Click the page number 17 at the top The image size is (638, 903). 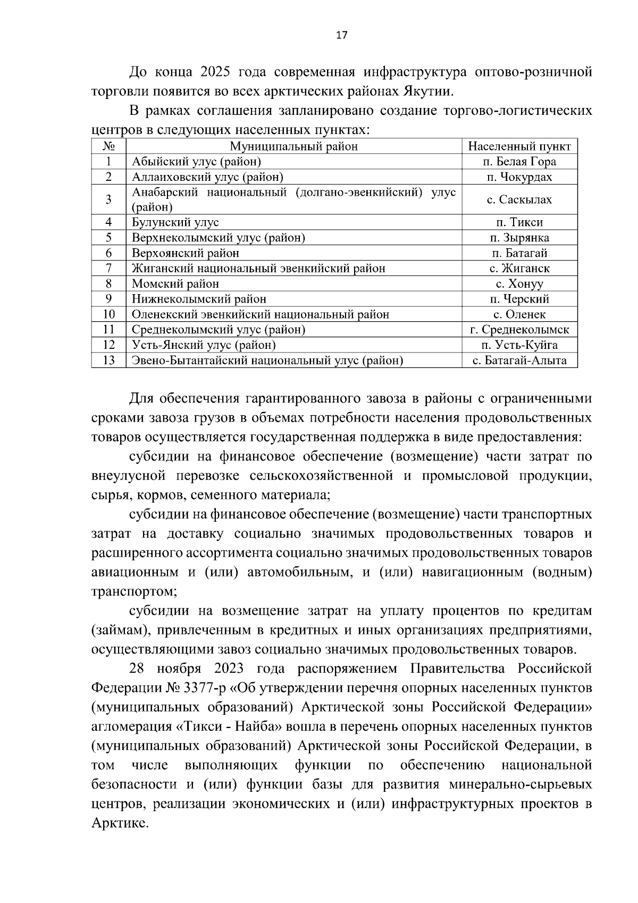341,36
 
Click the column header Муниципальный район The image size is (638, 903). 293,146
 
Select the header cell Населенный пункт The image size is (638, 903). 519,146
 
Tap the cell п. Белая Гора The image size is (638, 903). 519,162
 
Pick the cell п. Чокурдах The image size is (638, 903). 519,177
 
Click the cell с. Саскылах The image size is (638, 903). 519,200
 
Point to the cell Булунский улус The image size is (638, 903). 175,222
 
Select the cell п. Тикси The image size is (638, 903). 519,222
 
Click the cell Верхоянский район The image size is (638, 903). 186,253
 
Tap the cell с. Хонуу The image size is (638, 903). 519,284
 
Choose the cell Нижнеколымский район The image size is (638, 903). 199,299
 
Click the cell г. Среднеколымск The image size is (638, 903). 519,330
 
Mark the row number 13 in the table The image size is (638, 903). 108,361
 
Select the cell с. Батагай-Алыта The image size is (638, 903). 519,361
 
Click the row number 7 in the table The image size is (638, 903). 108,269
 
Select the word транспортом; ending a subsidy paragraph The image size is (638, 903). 135,591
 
